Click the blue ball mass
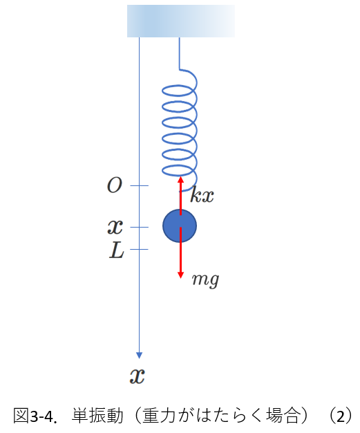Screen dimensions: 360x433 point(180,226)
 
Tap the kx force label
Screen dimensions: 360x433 point(202,194)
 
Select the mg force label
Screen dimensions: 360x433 point(205,279)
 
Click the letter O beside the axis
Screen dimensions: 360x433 point(115,185)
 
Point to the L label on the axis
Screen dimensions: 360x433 point(116,250)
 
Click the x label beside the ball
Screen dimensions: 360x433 point(115,228)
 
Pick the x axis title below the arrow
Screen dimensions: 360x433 point(137,376)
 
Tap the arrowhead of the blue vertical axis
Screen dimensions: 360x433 point(140,356)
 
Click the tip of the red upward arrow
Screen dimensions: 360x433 point(180,177)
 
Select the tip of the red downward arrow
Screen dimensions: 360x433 point(180,278)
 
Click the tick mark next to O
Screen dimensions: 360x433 point(140,185)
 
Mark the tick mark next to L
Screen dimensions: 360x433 point(140,250)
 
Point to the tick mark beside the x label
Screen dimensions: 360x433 point(140,228)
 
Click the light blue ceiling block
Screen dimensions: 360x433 point(181,21)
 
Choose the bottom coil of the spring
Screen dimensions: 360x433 point(178,171)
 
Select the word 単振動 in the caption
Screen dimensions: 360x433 point(97,416)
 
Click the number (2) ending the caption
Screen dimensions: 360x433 point(341,416)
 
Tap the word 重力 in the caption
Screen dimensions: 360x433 point(159,416)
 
